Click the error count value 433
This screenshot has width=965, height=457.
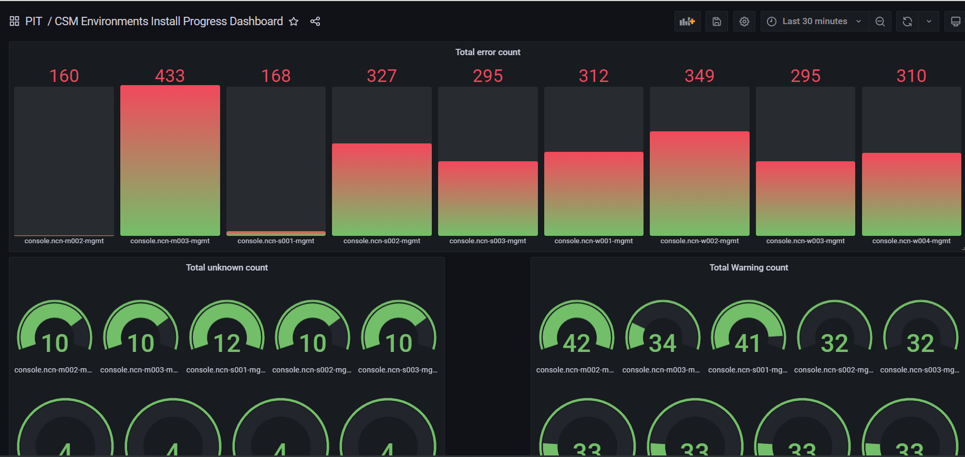(170, 76)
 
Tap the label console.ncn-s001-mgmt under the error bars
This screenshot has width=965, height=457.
(276, 241)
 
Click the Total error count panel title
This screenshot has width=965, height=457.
(487, 52)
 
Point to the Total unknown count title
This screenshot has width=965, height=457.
(226, 267)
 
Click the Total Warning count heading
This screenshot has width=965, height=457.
(749, 267)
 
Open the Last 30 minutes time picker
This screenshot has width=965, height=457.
(814, 22)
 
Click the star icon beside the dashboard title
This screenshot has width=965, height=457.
(294, 22)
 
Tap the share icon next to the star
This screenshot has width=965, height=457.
(315, 22)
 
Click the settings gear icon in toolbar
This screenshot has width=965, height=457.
(744, 22)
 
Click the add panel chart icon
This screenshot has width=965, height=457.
(687, 22)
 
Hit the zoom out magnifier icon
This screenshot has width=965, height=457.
(880, 22)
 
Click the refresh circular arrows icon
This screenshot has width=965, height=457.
(907, 22)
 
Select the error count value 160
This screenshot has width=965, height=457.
(64, 76)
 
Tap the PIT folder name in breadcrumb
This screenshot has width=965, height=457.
(34, 22)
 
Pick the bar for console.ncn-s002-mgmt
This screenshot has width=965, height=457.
(381, 189)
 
